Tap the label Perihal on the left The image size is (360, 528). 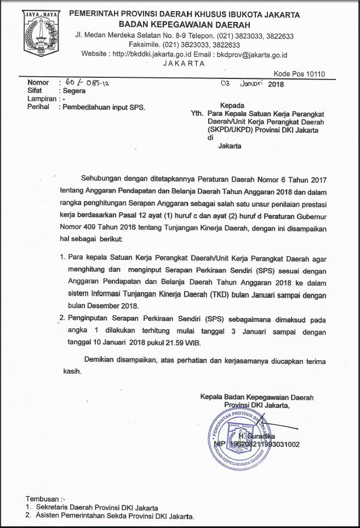pyautogui.click(x=39, y=107)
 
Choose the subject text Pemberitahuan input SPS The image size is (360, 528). pyautogui.click(x=104, y=107)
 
